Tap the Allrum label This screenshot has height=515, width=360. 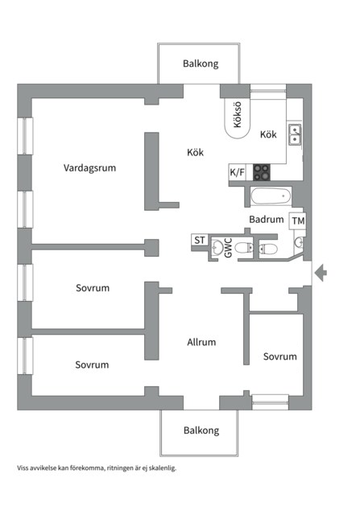coord(201,342)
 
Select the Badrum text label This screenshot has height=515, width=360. coord(266,219)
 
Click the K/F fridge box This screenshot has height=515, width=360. coord(238,172)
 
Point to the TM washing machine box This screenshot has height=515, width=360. coord(298,220)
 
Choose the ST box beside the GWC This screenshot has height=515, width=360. coord(199,240)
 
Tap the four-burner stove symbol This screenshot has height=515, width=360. coord(263,171)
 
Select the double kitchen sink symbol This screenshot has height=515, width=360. coord(295,134)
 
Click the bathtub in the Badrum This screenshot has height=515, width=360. coord(270,196)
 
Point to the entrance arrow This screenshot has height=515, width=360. coord(320,274)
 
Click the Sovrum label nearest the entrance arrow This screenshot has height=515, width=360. coord(279,356)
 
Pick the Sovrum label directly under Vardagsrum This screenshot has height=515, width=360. coord(93,287)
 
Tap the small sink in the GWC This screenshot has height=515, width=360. coord(217,248)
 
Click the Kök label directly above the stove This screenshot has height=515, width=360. coord(268,135)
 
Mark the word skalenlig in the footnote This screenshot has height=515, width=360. coord(159,468)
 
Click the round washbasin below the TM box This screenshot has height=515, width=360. coord(299,241)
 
